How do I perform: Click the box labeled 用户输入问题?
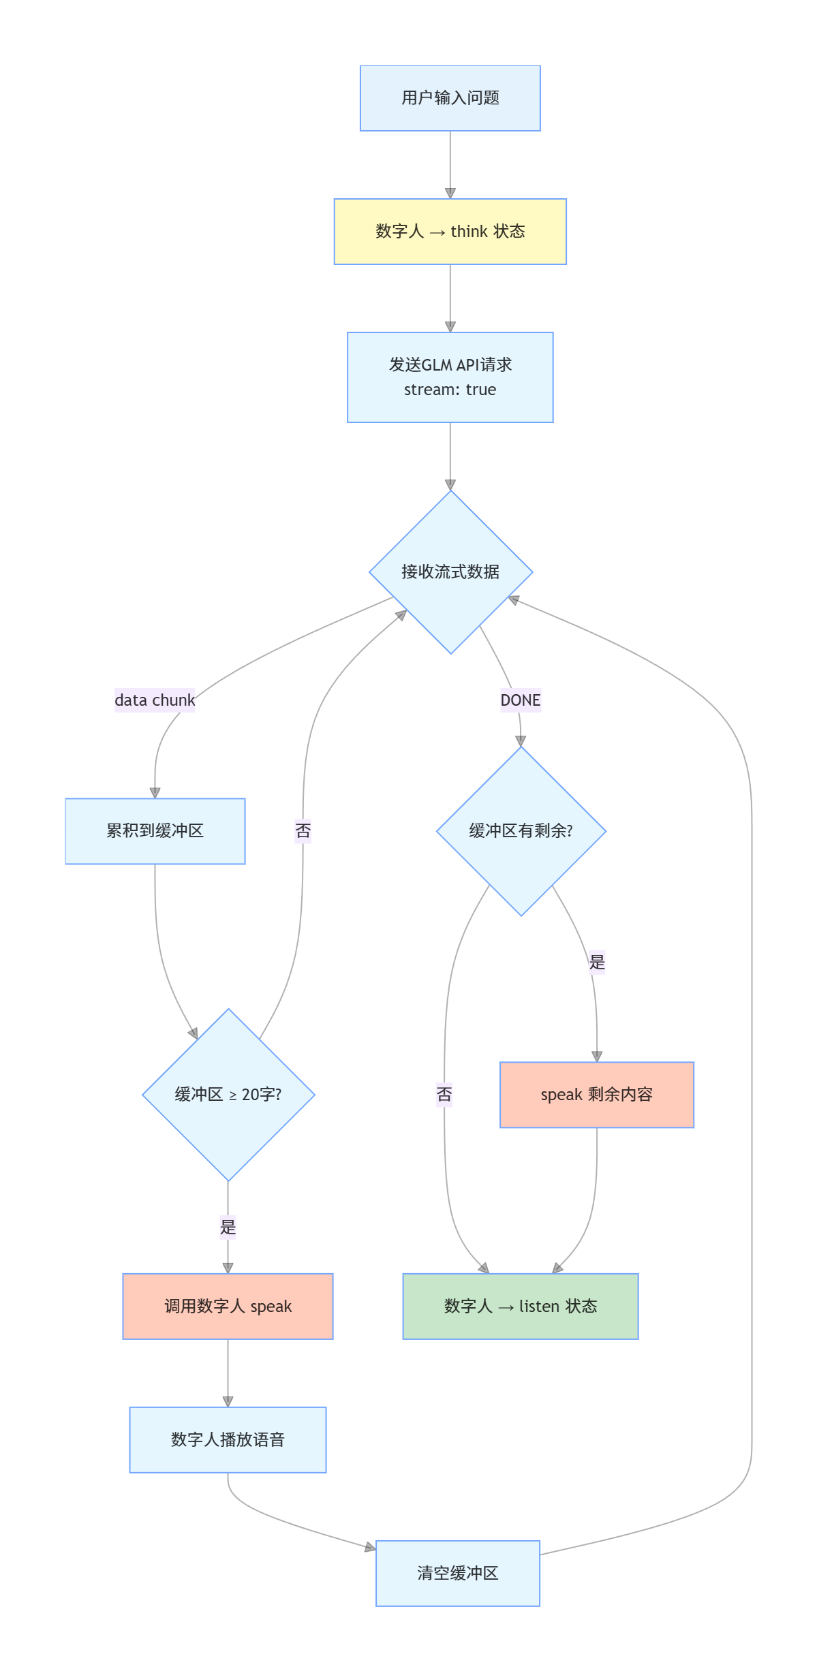(450, 98)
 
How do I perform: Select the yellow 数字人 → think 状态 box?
(450, 232)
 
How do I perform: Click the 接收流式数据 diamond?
(450, 572)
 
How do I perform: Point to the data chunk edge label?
(155, 700)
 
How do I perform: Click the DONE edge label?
(521, 700)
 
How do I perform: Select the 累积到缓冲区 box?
(155, 831)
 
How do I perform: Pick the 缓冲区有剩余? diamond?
(521, 831)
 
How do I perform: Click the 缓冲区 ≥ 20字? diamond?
(228, 1095)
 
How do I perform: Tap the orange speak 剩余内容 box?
(596, 1095)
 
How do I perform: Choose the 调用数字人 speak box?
(228, 1307)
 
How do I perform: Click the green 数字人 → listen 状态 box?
(521, 1307)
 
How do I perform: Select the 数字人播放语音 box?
(228, 1440)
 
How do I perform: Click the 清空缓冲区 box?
(457, 1574)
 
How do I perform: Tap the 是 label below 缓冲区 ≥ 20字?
(228, 1228)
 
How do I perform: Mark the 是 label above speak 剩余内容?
(597, 963)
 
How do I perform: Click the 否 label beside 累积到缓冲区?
(303, 831)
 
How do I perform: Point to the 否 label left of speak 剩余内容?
(444, 1095)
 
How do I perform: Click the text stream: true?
(450, 390)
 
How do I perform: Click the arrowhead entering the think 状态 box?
(450, 193)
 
